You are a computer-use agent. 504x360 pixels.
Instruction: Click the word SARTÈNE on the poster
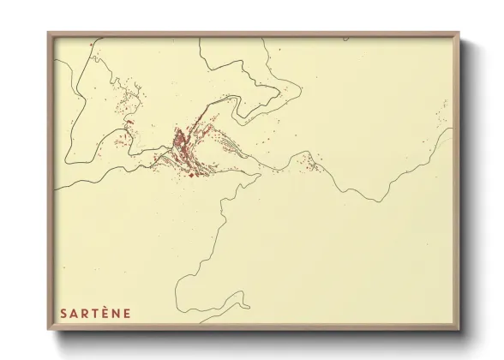click(95, 313)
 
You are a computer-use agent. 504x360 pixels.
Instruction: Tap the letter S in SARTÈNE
click(63, 313)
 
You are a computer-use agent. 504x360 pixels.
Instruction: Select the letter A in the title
click(74, 313)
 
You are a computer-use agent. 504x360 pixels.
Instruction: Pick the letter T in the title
click(95, 313)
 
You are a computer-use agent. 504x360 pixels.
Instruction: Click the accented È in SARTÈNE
click(105, 313)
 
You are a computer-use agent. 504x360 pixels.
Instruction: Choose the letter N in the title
click(117, 313)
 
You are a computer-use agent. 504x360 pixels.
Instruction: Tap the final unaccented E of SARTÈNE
click(128, 313)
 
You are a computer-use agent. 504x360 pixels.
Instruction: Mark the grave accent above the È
click(105, 307)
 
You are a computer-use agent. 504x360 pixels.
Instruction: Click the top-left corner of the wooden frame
click(49, 33)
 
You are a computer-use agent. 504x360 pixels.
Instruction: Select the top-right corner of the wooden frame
click(459, 33)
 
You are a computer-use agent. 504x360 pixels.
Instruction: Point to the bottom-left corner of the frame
click(49, 332)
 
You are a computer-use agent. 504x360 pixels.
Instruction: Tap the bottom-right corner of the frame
click(459, 332)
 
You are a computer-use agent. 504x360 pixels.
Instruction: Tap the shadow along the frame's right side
click(465, 189)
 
